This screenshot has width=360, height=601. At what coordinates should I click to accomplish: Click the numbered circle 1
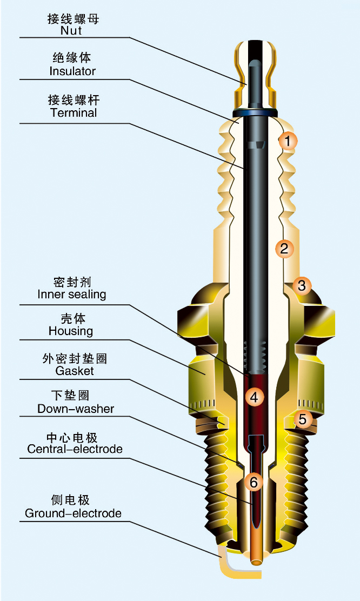click(288, 142)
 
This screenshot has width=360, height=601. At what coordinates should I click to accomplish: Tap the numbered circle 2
click(283, 249)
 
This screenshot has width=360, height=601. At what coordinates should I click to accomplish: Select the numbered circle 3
click(302, 285)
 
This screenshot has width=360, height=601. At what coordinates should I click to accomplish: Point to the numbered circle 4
click(254, 397)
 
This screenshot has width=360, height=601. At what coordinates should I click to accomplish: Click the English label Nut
click(71, 30)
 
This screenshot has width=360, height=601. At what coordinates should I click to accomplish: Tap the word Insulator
click(72, 71)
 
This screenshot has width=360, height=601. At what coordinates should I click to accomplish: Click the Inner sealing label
click(72, 295)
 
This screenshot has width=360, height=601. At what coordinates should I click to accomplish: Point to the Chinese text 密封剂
click(72, 282)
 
